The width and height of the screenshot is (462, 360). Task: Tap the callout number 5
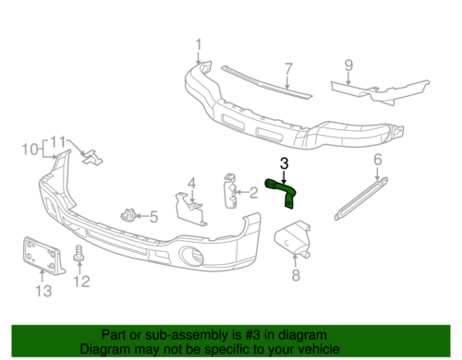[x=153, y=218]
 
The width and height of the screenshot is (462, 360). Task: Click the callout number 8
[x=296, y=275]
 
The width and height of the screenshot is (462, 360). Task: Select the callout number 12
[x=80, y=281]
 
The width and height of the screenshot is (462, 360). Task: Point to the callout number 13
[x=39, y=293]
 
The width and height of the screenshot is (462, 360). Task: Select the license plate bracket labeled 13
[x=39, y=255]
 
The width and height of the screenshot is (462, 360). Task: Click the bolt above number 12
[x=79, y=250]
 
